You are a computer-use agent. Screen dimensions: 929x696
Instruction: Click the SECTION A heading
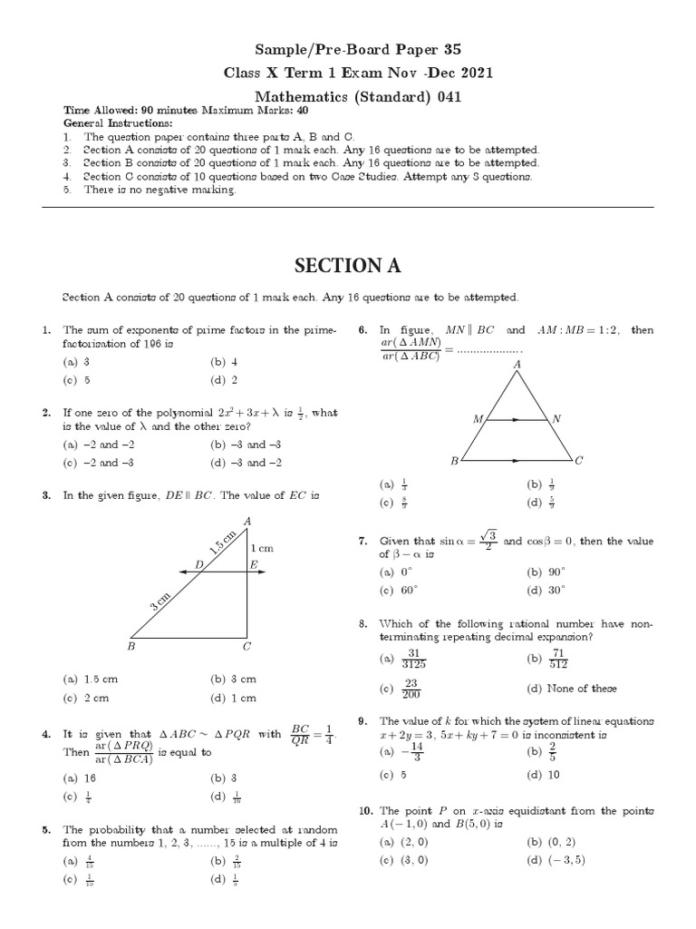(348, 265)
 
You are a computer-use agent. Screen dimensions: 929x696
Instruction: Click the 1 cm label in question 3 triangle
(261, 548)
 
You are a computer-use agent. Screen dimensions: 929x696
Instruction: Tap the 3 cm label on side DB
(160, 601)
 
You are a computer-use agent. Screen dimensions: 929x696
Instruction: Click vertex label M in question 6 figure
(477, 419)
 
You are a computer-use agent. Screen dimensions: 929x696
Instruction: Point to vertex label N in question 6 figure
(556, 419)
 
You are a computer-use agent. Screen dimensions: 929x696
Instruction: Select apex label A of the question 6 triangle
(517, 365)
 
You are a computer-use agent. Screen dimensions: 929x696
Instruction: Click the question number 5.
(45, 829)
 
